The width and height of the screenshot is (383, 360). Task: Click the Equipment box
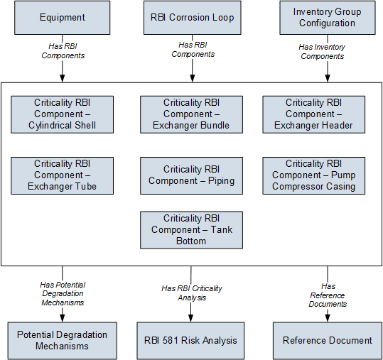[x=63, y=18]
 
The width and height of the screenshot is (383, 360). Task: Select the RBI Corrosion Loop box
[x=193, y=18]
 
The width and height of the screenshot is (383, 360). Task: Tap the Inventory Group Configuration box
[x=328, y=18]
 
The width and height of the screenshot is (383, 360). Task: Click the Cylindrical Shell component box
[x=63, y=114]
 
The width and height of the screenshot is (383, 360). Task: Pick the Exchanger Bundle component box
[x=191, y=114]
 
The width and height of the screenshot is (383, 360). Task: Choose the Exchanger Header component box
[x=314, y=114]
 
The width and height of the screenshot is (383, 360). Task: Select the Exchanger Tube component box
[x=63, y=175]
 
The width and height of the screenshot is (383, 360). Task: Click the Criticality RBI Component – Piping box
[x=191, y=175]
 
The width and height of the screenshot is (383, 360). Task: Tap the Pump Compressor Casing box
[x=314, y=175]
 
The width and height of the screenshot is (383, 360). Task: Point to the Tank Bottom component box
[x=191, y=230]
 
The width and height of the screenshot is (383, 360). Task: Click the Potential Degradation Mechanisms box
[x=63, y=341]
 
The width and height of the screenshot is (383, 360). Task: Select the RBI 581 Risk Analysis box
[x=190, y=341]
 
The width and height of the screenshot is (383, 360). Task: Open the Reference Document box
[x=328, y=341]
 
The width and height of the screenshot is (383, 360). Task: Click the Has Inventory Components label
[x=322, y=52]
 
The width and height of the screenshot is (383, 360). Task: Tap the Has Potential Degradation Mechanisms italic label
[x=63, y=294]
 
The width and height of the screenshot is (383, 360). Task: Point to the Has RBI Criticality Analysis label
[x=192, y=293]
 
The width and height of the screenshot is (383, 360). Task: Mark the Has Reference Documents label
[x=328, y=295]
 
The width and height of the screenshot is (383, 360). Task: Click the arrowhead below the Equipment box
[x=63, y=78]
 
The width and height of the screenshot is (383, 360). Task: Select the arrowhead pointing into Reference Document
[x=328, y=318]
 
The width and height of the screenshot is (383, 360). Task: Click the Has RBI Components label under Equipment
[x=63, y=50]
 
